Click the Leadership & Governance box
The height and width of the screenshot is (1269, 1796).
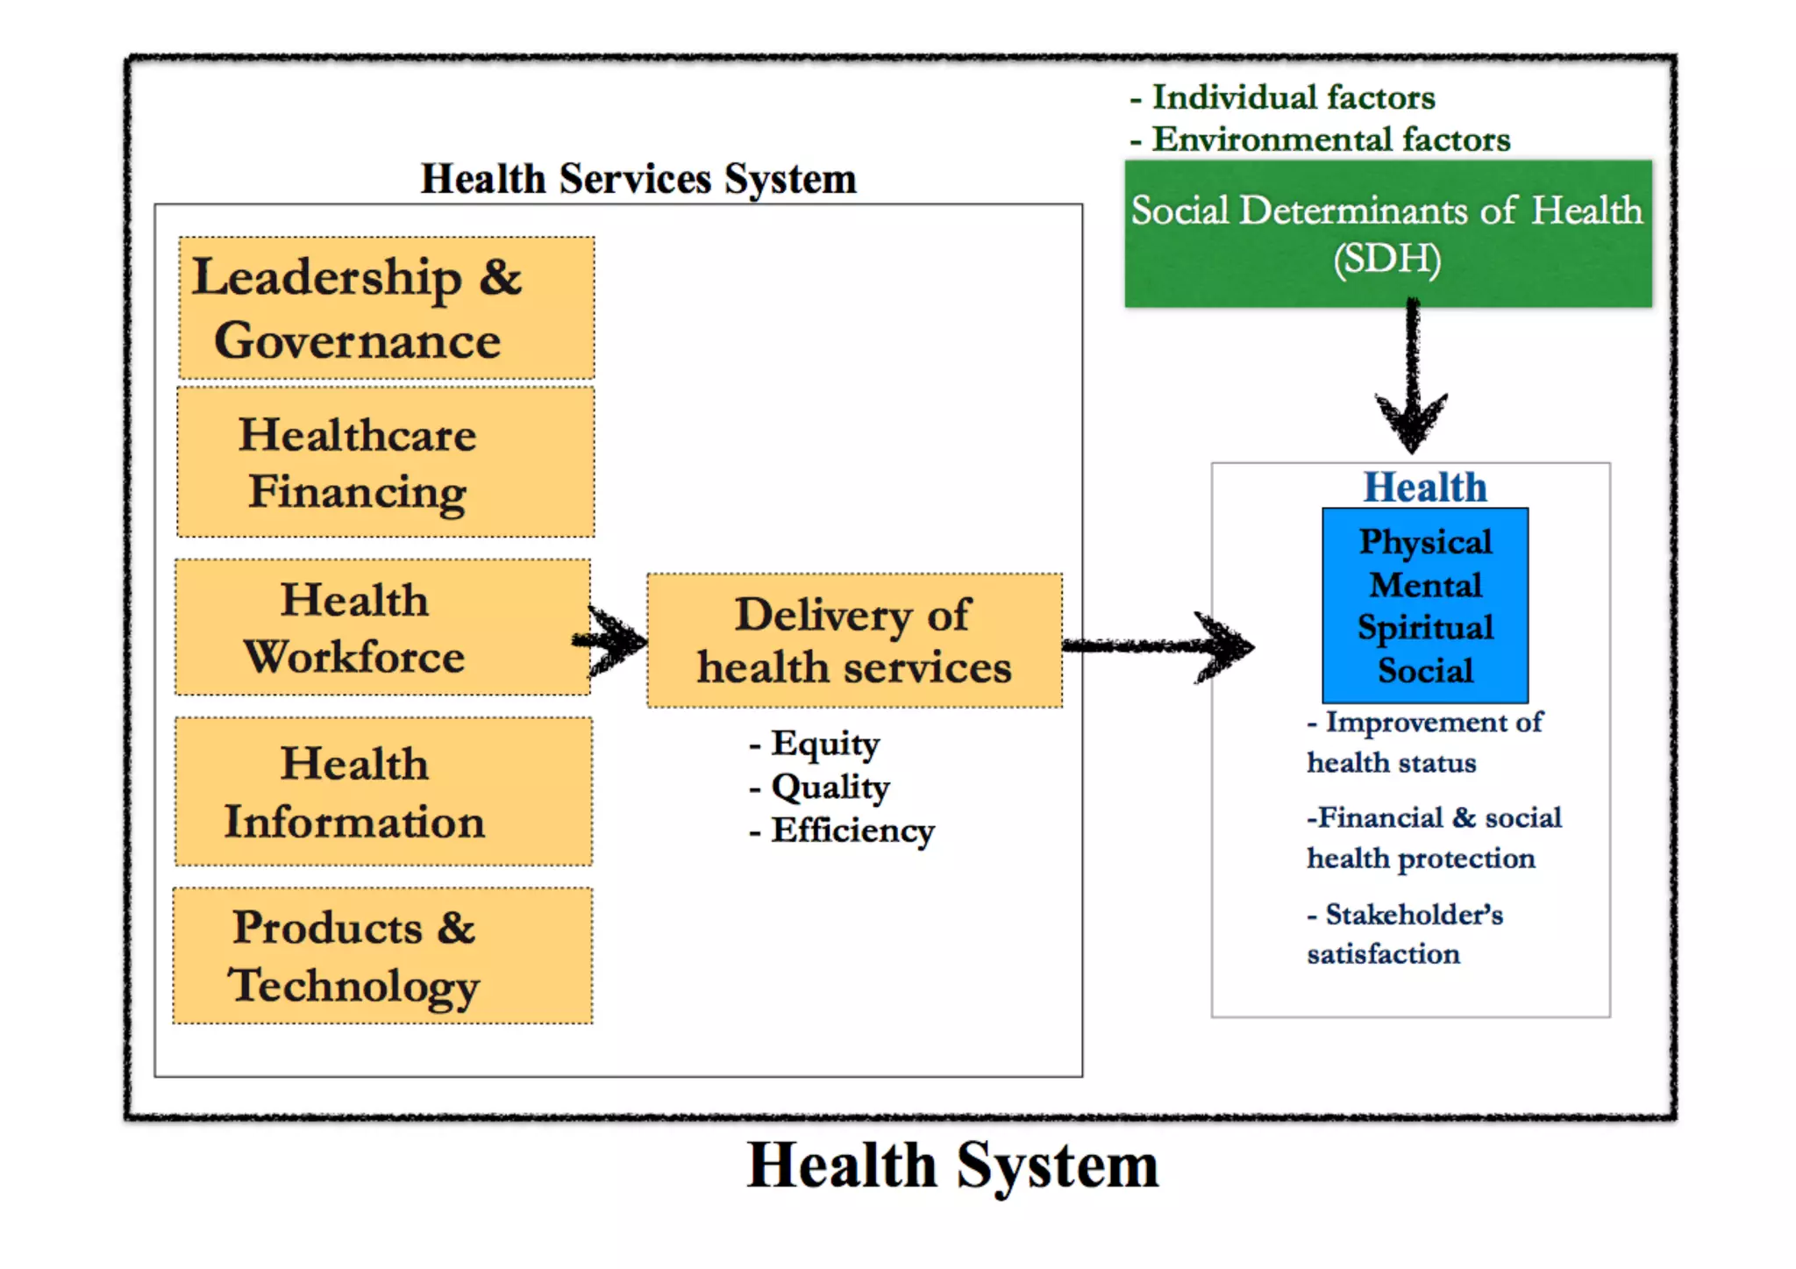click(x=386, y=308)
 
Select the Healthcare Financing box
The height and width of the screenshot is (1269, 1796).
click(x=386, y=462)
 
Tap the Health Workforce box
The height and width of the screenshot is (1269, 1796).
click(x=382, y=628)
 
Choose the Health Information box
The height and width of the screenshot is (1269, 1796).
click(x=383, y=792)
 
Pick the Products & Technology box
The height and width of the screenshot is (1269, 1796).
click(x=382, y=956)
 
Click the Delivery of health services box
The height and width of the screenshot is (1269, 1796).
click(x=854, y=641)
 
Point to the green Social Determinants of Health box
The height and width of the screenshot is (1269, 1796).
click(x=1388, y=233)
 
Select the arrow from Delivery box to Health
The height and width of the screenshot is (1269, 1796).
click(x=1158, y=647)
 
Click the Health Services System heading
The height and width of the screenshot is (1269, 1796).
click(x=638, y=179)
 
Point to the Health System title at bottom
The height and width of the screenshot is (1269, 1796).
click(x=952, y=1166)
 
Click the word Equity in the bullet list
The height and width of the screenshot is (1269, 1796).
click(x=825, y=744)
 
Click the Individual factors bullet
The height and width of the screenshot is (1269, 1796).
click(x=1293, y=97)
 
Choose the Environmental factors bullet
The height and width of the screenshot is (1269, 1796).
click(x=1330, y=139)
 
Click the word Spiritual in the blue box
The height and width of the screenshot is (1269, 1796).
click(x=1425, y=628)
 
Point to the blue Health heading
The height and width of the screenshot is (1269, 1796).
click(x=1425, y=488)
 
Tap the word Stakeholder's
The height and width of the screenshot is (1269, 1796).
click(x=1414, y=915)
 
